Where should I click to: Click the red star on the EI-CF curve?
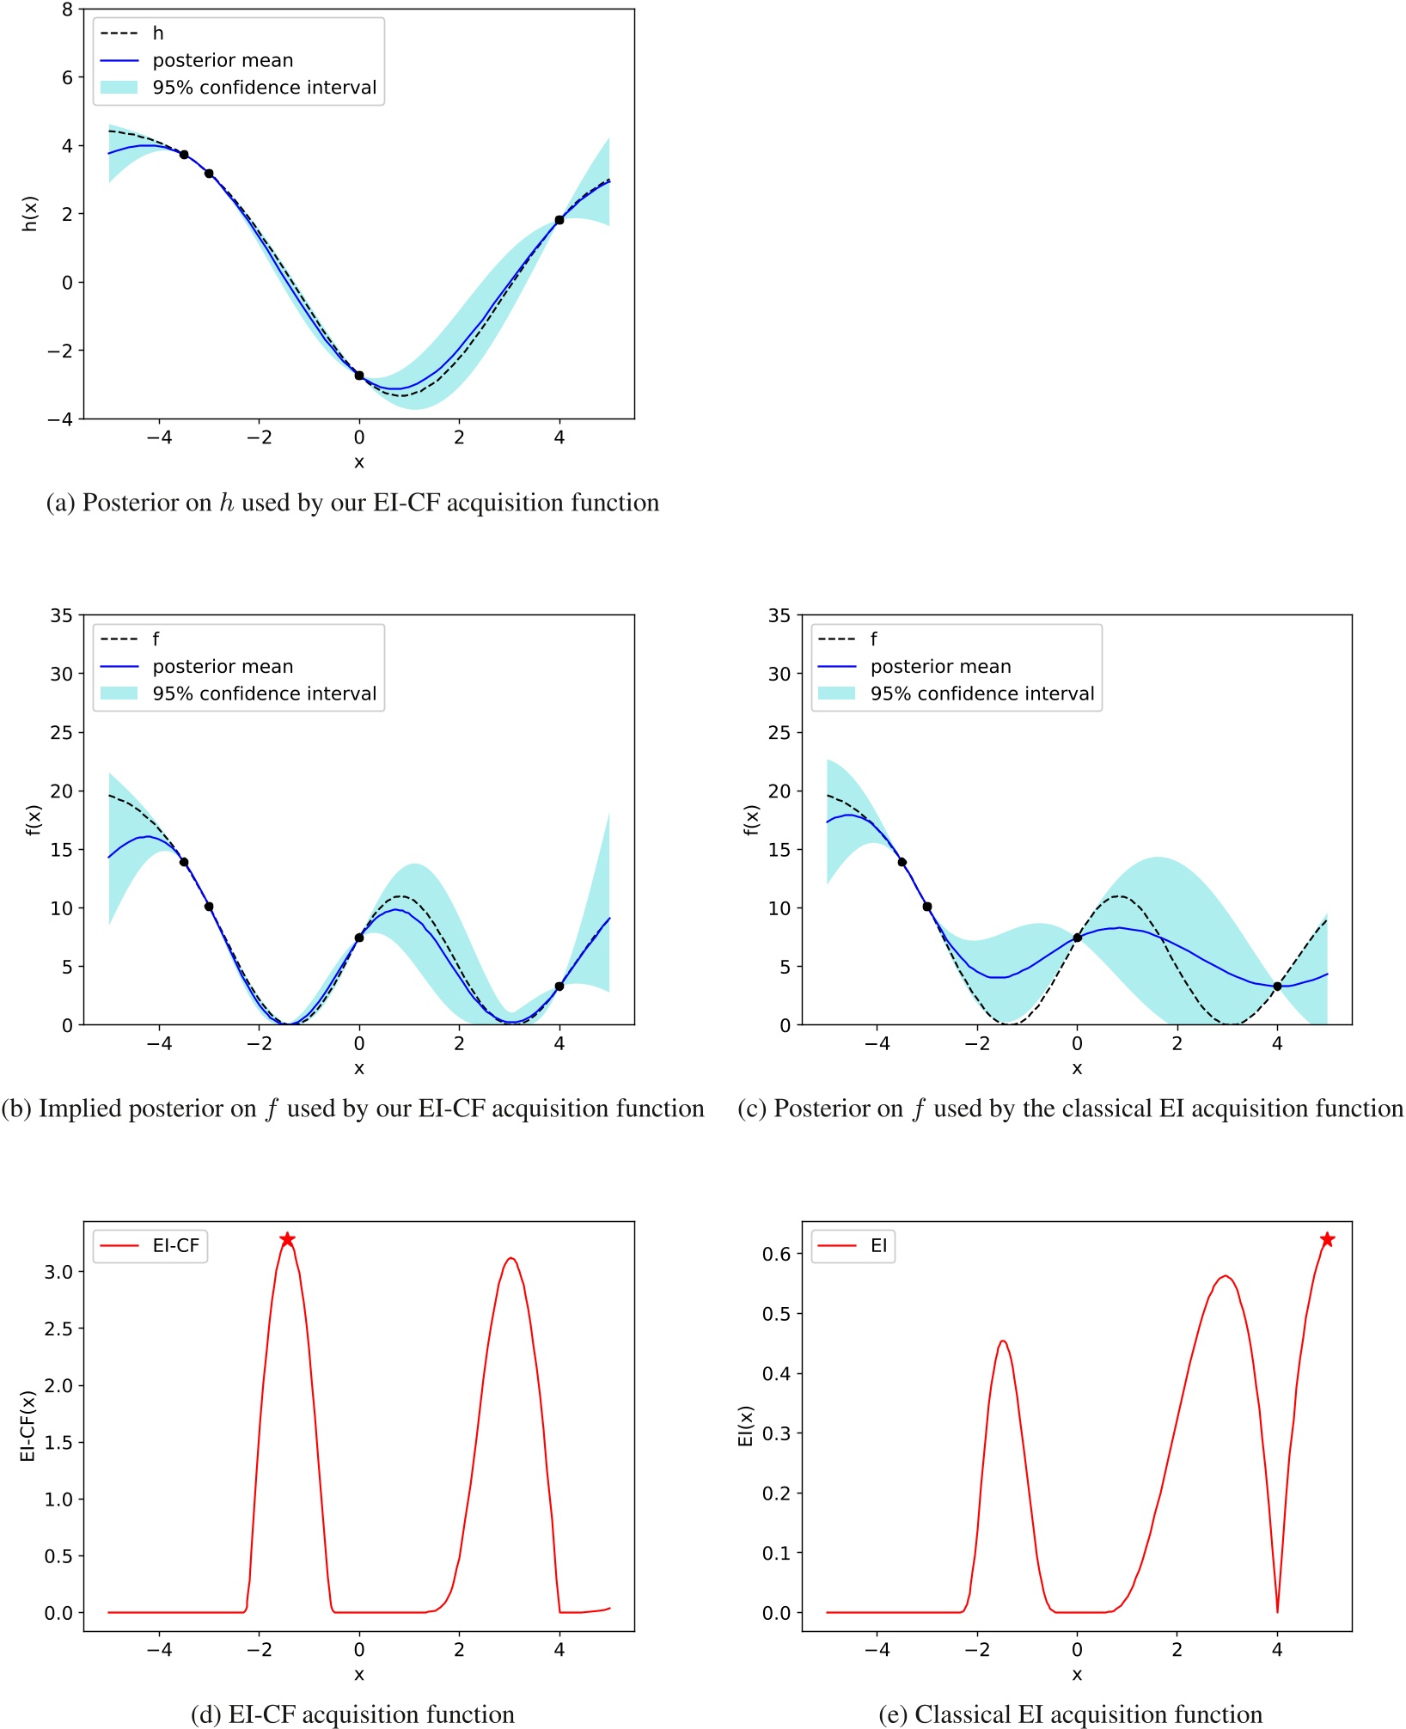click(x=287, y=1239)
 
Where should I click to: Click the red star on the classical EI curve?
click(x=1327, y=1239)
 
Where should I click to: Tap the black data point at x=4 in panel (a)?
click(x=559, y=220)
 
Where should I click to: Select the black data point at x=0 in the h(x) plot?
click(x=359, y=376)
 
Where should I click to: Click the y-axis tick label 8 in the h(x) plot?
click(x=67, y=9)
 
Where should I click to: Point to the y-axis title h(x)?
click(x=30, y=214)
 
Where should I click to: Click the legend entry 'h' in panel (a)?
click(x=158, y=33)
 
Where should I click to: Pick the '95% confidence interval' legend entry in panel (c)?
click(x=981, y=693)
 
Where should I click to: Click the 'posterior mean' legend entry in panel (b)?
click(x=223, y=666)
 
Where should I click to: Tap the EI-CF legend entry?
click(x=175, y=1245)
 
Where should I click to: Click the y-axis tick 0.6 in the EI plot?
click(x=776, y=1254)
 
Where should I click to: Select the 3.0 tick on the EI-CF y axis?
click(x=58, y=1271)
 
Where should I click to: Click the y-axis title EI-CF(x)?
click(x=28, y=1426)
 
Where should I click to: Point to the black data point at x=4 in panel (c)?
click(x=1277, y=986)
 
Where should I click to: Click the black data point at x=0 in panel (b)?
click(x=359, y=938)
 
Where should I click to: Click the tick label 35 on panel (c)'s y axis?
click(x=779, y=615)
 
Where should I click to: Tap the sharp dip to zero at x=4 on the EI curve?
click(x=1277, y=1610)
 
